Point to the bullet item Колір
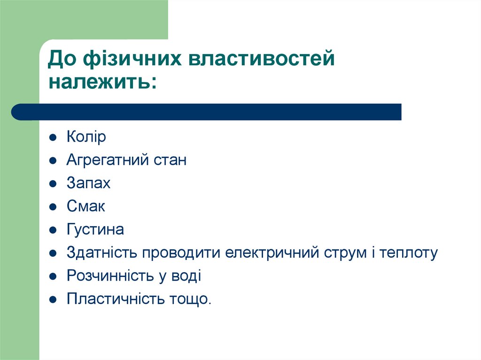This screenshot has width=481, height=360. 86,137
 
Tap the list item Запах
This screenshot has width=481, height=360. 89,183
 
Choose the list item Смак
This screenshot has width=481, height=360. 86,206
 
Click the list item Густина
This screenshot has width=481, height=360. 95,230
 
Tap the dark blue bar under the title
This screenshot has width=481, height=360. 207,112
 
